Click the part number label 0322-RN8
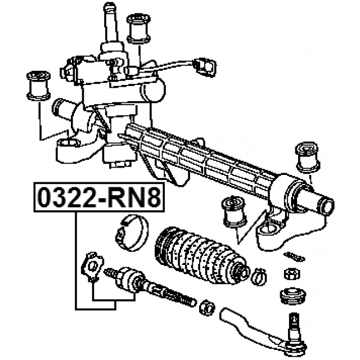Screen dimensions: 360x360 [x=99, y=197]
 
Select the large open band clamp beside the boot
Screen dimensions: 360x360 [x=132, y=233]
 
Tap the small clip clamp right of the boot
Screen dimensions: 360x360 [x=259, y=276]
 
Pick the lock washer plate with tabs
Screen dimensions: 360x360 [x=92, y=266]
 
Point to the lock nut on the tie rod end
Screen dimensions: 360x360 [x=208, y=308]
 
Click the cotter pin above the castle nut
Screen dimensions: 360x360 [x=294, y=256]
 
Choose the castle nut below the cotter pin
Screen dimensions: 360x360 [x=292, y=274]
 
